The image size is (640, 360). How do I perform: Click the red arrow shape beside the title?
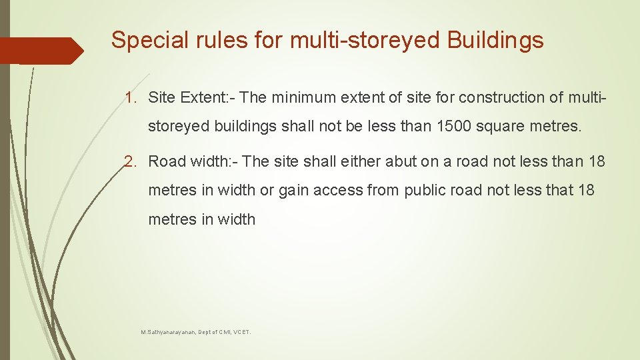[43, 51]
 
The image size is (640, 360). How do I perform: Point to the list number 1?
[130, 98]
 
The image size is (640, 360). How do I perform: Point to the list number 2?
[130, 161]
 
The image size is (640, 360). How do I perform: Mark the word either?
[359, 161]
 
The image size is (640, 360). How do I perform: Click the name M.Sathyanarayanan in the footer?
[167, 331]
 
